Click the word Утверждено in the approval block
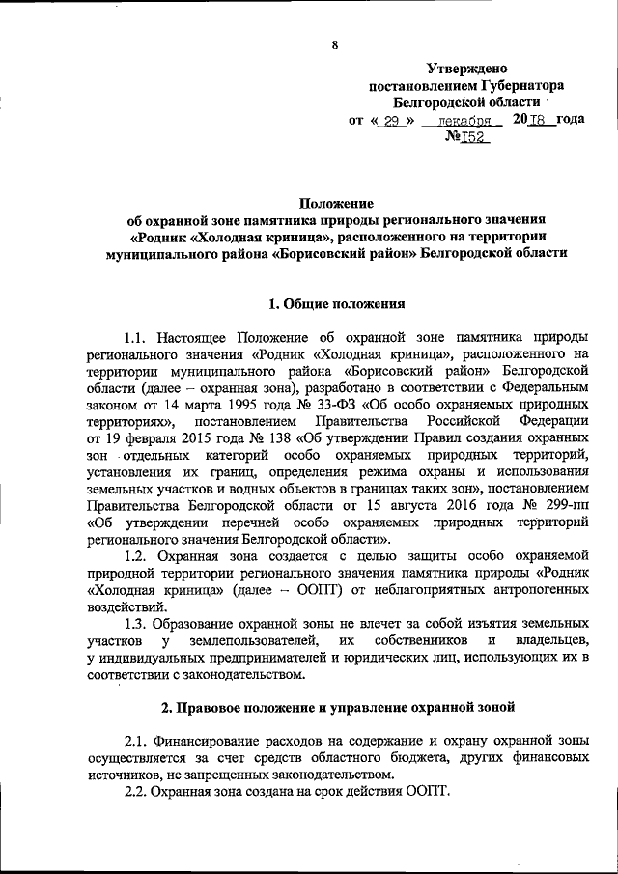pyautogui.click(x=467, y=67)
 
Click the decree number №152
pyautogui.click(x=467, y=138)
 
